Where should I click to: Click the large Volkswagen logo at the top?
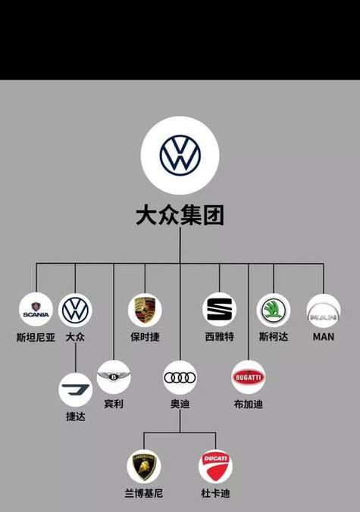point(180,155)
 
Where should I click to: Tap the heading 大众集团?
point(180,215)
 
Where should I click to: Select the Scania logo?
point(36,310)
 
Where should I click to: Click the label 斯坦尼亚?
point(36,337)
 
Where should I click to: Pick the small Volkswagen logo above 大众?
point(75,311)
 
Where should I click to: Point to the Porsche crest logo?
point(145,311)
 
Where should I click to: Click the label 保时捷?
point(145,336)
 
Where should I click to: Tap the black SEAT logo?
point(219,309)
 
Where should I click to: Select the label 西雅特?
point(219,336)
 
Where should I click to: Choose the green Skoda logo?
point(274,311)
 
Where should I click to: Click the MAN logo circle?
point(324,311)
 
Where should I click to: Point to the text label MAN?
point(324,336)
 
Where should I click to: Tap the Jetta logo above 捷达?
point(76,390)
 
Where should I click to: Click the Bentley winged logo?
point(114,377)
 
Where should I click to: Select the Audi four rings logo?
point(180,377)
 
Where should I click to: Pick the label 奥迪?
point(180,404)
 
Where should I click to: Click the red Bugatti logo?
point(249,377)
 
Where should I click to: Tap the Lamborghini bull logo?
point(144,467)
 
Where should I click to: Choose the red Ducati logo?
point(215,467)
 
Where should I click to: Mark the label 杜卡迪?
point(215,493)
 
